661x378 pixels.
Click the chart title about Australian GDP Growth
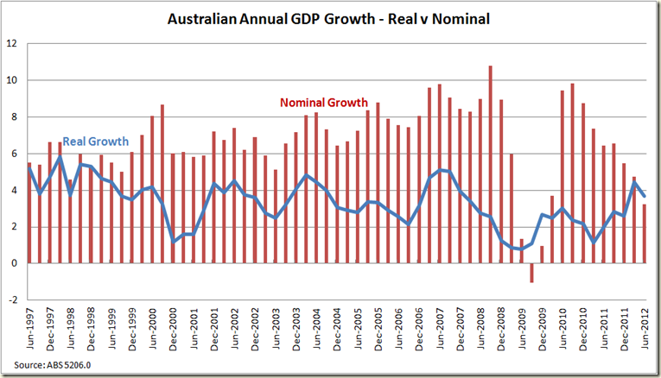tap(329, 19)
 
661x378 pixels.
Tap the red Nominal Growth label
tap(324, 103)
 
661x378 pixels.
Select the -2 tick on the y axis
tap(12, 299)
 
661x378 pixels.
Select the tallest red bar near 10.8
tap(491, 164)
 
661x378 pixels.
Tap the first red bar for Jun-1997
tap(29, 212)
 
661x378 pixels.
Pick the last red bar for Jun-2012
tap(645, 233)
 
